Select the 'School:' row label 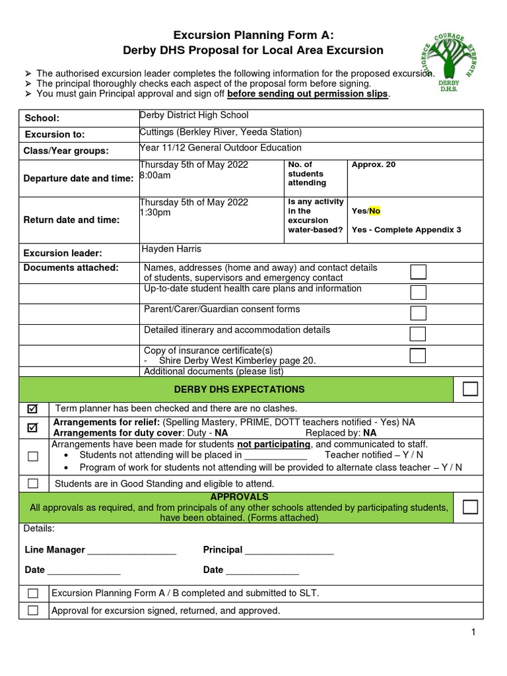[x=42, y=118]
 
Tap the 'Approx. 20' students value [x=374, y=164]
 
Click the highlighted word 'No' [x=374, y=211]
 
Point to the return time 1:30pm [x=155, y=213]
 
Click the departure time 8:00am [x=155, y=176]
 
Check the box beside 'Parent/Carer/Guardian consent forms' [x=417, y=313]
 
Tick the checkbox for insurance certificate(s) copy [x=417, y=355]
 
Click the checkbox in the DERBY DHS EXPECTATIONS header [x=470, y=389]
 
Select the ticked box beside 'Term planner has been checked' [x=32, y=409]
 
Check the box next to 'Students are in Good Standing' [x=32, y=484]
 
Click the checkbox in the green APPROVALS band [x=470, y=507]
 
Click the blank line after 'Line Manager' [x=131, y=551]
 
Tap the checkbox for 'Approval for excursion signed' [x=32, y=611]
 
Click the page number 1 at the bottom [x=473, y=633]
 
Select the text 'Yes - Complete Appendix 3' [x=406, y=230]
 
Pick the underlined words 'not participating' [x=273, y=444]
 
